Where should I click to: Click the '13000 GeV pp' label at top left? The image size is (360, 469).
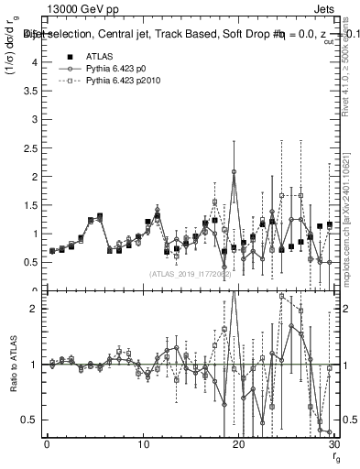[x=77, y=8]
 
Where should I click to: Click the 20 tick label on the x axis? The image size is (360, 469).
[x=238, y=444]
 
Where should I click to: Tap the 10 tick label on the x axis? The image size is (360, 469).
[x=142, y=444]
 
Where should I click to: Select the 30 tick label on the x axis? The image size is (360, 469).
[x=334, y=444]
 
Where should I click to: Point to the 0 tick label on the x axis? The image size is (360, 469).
[x=47, y=444]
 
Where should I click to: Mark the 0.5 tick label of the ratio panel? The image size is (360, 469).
[x=30, y=420]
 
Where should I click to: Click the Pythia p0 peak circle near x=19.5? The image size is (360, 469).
[x=234, y=171]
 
